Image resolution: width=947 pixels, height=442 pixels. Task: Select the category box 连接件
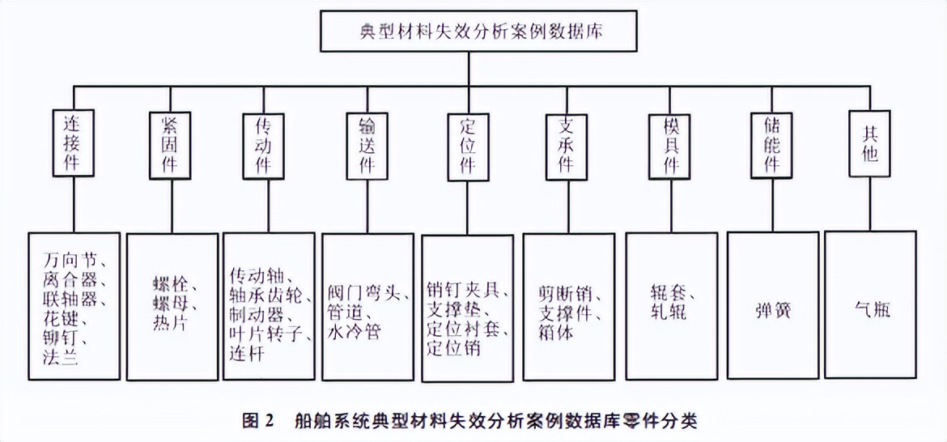pos(74,142)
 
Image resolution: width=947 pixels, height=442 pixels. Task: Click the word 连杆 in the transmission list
pos(248,357)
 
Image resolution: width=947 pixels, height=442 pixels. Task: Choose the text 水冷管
pos(354,331)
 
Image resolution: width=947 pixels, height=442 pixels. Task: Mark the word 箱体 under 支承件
pos(555,331)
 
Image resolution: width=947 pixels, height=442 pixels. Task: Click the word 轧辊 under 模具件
pos(669,310)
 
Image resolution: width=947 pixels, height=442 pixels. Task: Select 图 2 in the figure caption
pos(260,421)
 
